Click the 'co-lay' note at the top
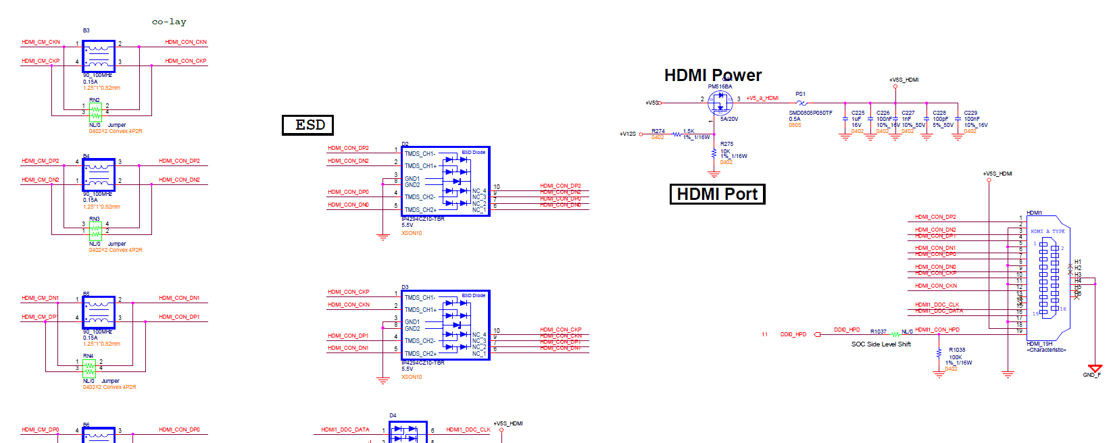click(x=169, y=22)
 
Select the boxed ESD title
click(x=308, y=125)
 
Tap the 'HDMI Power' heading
click(x=712, y=75)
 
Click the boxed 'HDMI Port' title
click(x=717, y=194)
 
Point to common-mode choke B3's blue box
click(x=99, y=56)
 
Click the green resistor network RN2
click(x=95, y=111)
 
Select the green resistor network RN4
click(x=89, y=368)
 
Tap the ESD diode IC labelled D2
click(x=445, y=182)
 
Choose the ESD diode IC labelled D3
click(x=445, y=325)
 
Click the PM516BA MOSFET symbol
click(x=720, y=103)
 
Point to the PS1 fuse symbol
click(x=801, y=103)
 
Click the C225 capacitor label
click(x=858, y=113)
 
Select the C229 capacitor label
click(x=970, y=113)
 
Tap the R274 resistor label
click(x=658, y=131)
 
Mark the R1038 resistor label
click(x=957, y=350)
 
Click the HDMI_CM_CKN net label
click(x=41, y=42)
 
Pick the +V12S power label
click(x=627, y=134)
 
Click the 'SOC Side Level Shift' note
click(x=881, y=344)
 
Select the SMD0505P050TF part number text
click(x=810, y=113)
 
